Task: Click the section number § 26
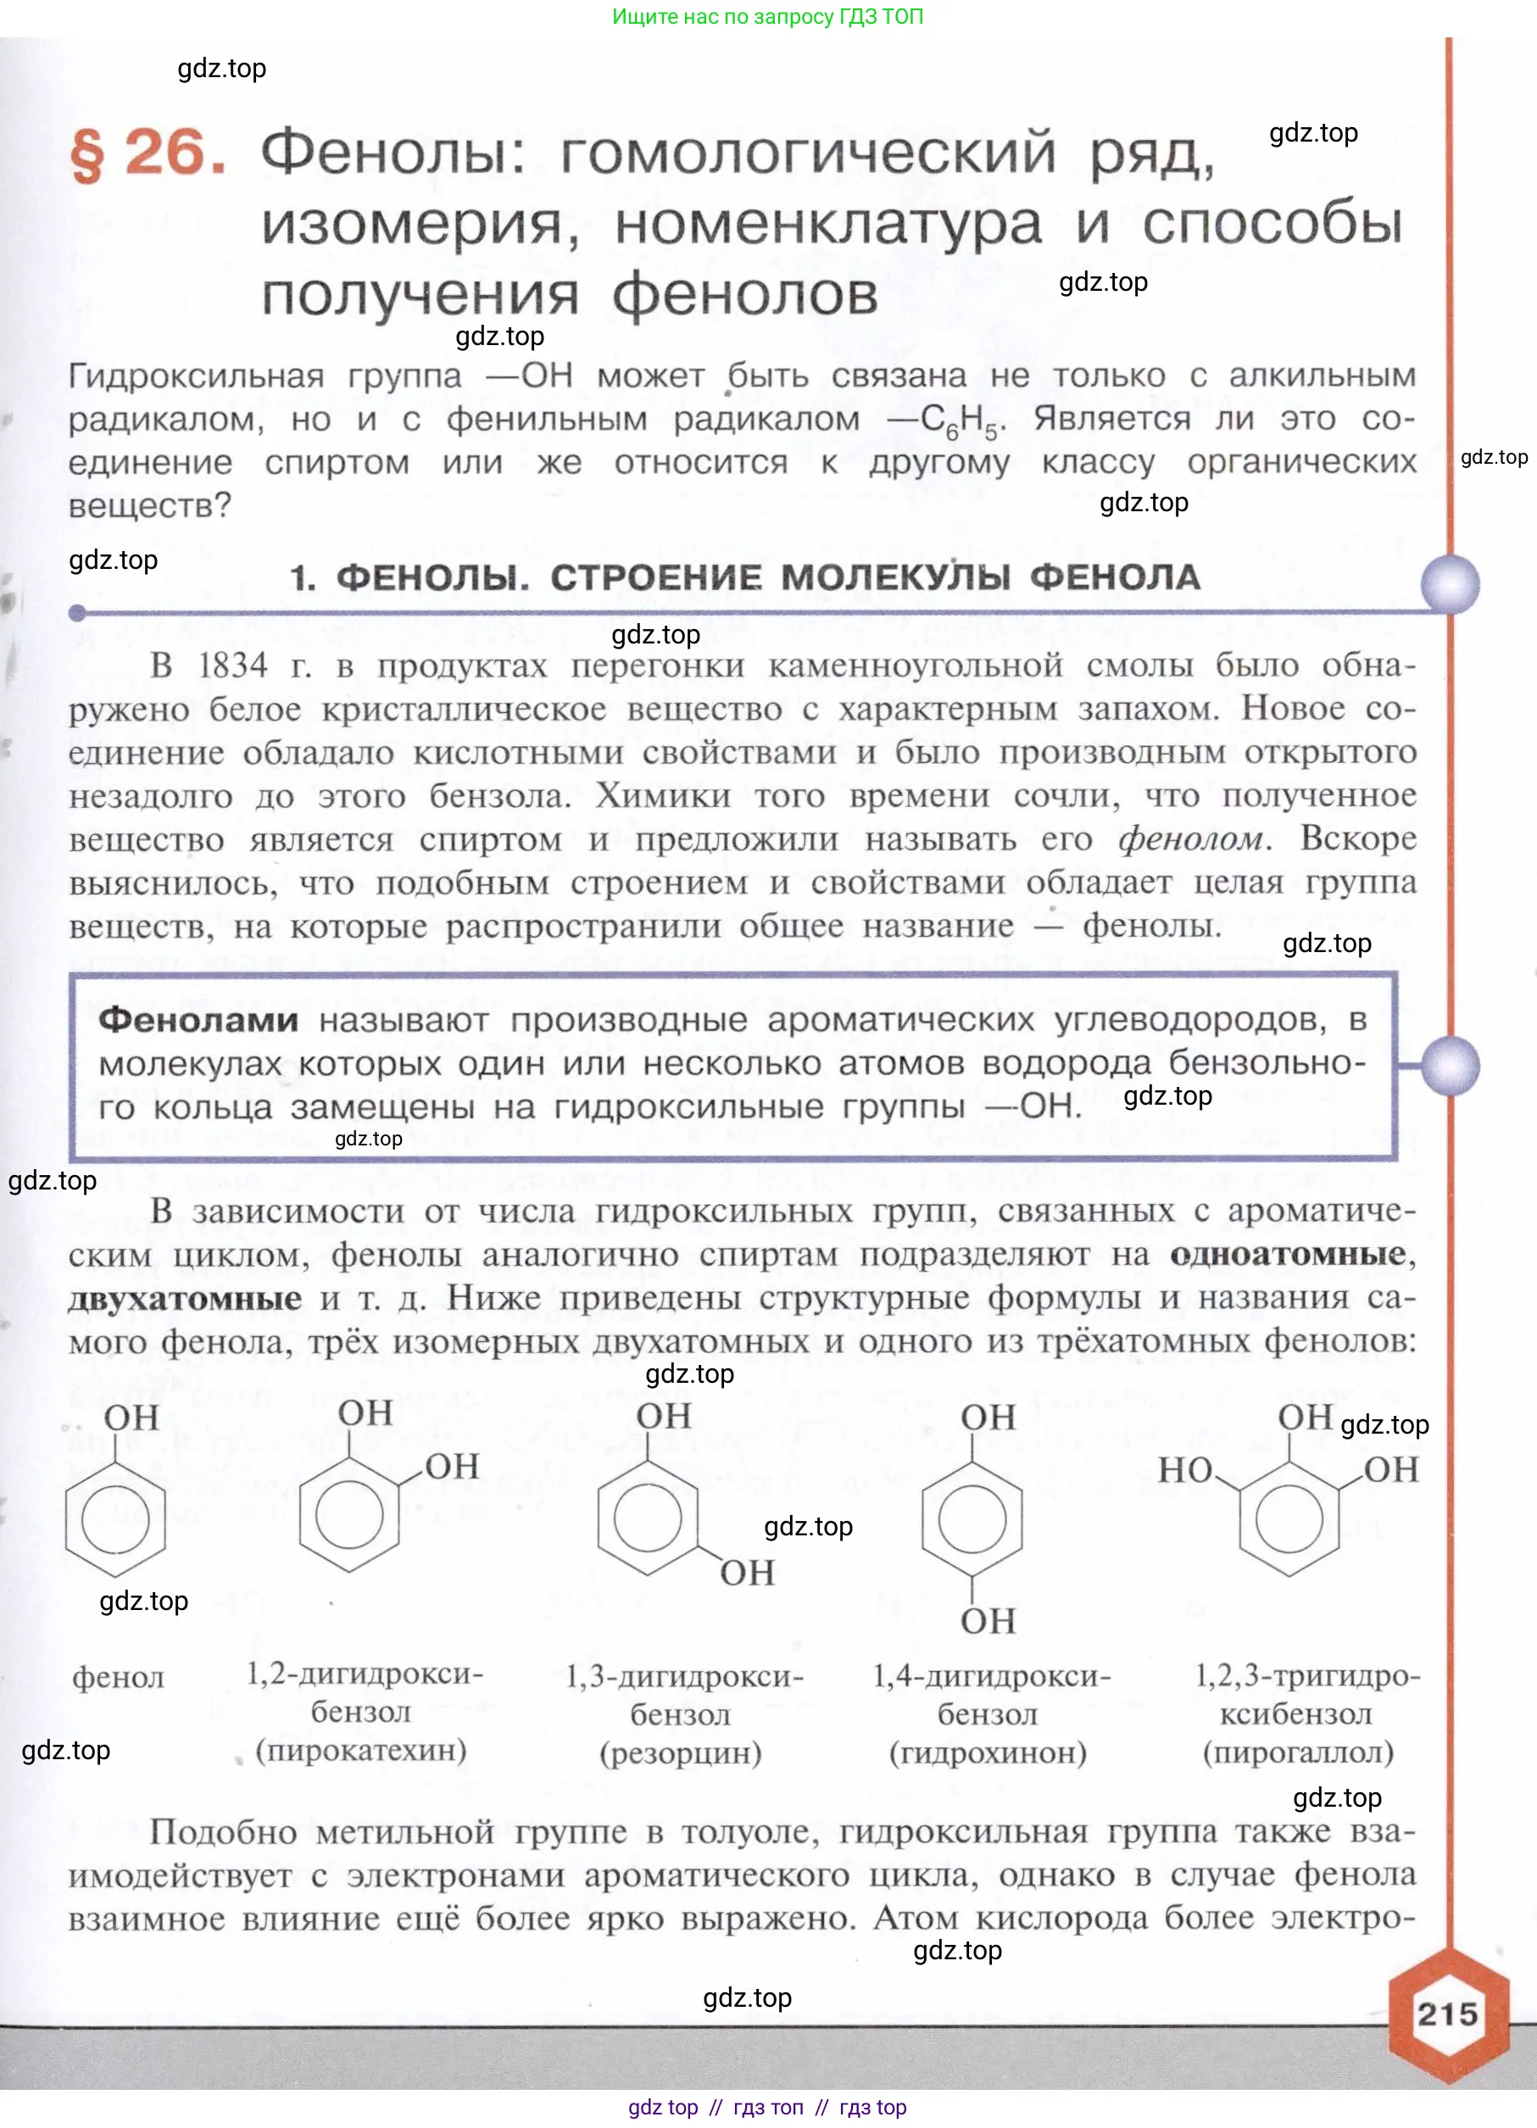point(148,153)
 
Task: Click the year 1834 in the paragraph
point(232,666)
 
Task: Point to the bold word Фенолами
point(198,1020)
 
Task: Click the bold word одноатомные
point(1288,1255)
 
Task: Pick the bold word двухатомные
point(185,1299)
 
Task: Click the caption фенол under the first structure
point(118,1678)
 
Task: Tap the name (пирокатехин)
point(361,1750)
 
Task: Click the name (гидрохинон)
point(988,1752)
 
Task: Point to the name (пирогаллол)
point(1298,1752)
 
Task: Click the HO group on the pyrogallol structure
point(1184,1470)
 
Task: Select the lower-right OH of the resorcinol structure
point(747,1573)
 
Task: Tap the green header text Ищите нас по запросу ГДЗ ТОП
point(767,16)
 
